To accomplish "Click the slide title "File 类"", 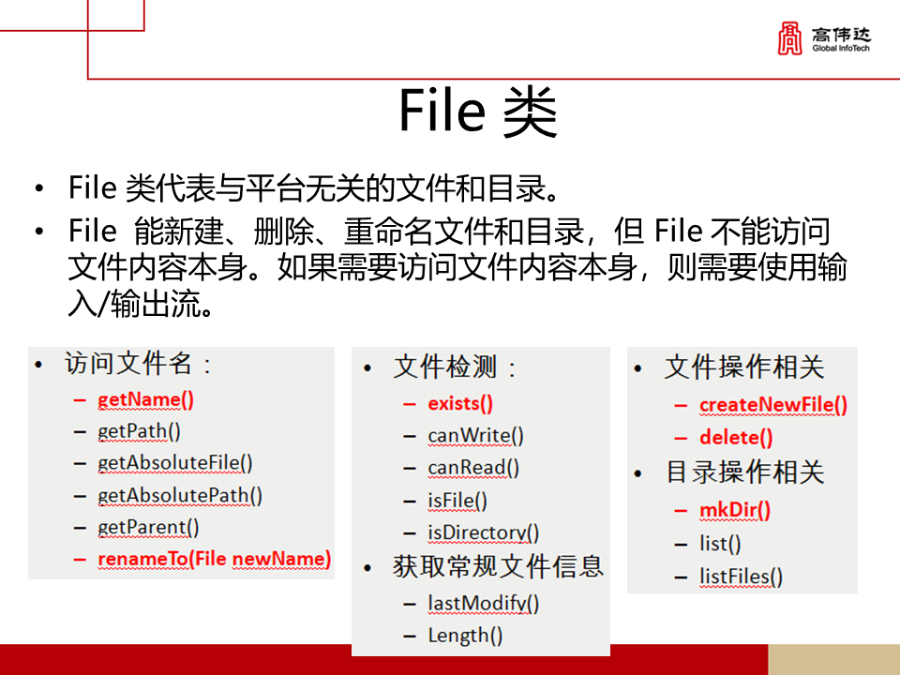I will tap(478, 112).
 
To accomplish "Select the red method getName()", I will tap(145, 399).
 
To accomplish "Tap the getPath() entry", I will tap(139, 431).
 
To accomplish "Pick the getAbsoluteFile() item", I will tap(175, 463).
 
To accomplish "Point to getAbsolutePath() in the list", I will tap(180, 495).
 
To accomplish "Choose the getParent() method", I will tap(148, 527).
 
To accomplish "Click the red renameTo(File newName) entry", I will tap(214, 560).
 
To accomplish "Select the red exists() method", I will tap(460, 404).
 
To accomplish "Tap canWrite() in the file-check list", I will tap(475, 436).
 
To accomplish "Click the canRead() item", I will tap(473, 468).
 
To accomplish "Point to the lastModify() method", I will tap(484, 603).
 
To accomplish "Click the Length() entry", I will tap(465, 636).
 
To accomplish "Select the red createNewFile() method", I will tap(773, 405).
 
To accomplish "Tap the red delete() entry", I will tap(736, 437).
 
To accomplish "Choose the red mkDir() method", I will tap(735, 510).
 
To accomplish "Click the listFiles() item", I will tap(741, 577).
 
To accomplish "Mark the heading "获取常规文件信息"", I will tap(498, 566).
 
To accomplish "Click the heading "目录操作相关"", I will tap(744, 472).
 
